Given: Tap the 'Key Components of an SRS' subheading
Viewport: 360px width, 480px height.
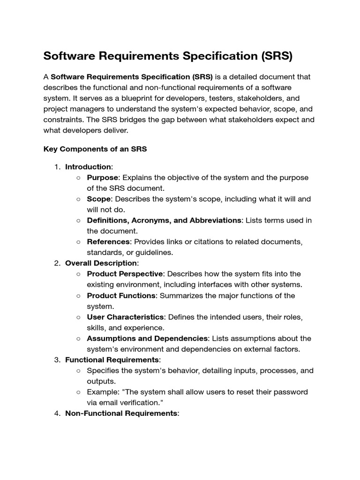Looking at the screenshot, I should (95, 149).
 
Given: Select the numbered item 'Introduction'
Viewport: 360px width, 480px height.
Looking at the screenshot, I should (88, 167).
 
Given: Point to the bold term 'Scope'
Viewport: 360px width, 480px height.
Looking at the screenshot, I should (98, 199).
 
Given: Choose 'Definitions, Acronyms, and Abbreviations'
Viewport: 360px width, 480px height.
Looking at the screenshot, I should (164, 220).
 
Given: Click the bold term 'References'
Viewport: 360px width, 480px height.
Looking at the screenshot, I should (108, 242).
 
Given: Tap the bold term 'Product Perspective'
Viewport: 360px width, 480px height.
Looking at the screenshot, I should (125, 274).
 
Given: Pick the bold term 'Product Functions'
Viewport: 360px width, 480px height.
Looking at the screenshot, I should (121, 295).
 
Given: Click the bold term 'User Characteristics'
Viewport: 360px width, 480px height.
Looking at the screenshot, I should (125, 317).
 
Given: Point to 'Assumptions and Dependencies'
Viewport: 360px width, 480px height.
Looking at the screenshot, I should (147, 338).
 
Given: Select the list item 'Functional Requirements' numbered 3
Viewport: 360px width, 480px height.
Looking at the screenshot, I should (112, 360).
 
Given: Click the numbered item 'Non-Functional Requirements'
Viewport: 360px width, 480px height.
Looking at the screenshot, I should (121, 413).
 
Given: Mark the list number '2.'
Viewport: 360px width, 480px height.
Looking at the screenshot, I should (57, 263).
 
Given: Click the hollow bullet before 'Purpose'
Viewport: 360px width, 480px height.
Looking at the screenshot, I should (78, 178).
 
